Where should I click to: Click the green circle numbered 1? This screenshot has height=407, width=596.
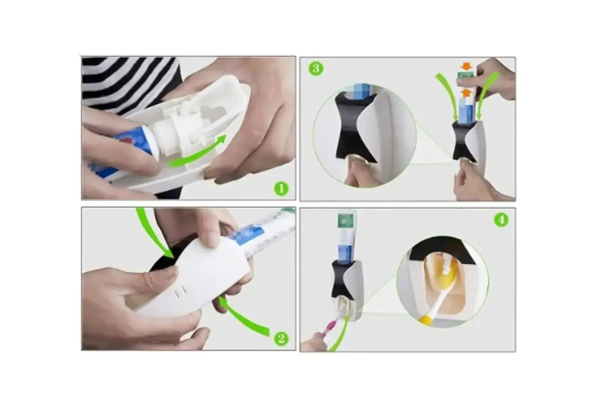pos(281,188)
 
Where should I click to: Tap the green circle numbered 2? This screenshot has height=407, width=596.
pos(281,338)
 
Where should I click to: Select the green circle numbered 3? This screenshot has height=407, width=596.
pos(316,69)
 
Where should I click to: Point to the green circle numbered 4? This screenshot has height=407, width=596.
pos(501,220)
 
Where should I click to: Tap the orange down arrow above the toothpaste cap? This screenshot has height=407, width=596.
pos(467,67)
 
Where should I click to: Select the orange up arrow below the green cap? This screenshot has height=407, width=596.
pos(466,92)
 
